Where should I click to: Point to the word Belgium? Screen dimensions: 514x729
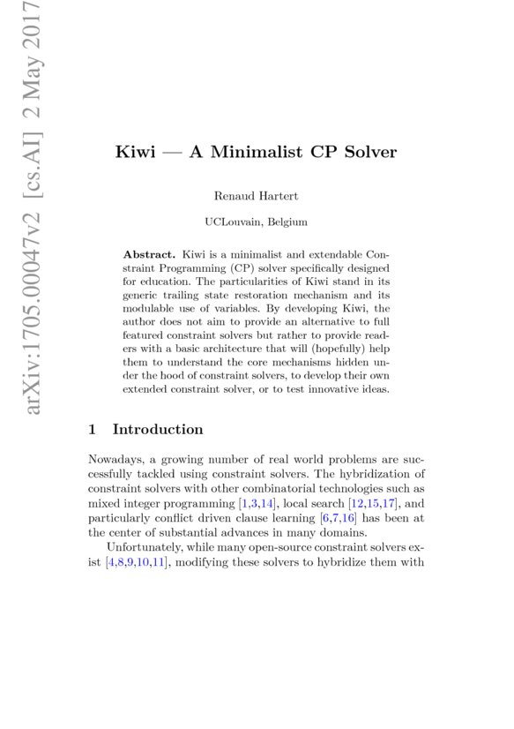pos(288,222)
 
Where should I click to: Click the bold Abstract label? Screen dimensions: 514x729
pos(149,253)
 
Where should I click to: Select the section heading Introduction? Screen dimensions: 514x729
pos(158,430)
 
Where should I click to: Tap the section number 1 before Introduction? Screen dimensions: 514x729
pos(93,430)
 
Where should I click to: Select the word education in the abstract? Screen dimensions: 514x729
pos(163,282)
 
